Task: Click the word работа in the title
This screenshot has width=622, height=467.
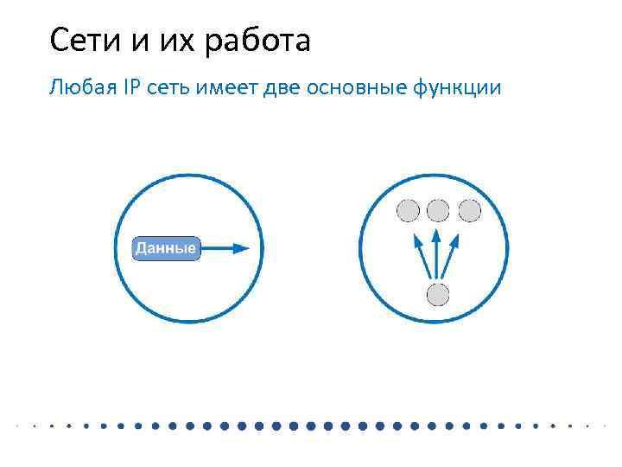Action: coord(257,41)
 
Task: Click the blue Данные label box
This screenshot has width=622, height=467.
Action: coord(166,249)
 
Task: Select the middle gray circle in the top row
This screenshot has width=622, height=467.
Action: coord(439,210)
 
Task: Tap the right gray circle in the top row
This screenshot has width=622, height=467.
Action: coord(470,210)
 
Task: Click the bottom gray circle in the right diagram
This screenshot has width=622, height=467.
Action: coord(439,295)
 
